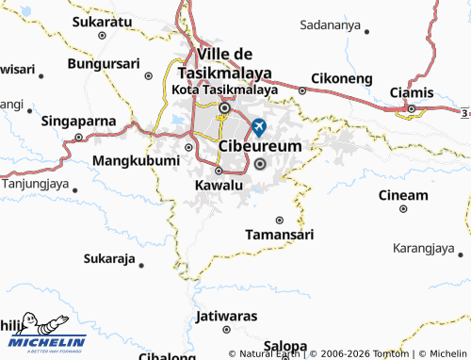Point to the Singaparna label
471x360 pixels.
click(x=78, y=122)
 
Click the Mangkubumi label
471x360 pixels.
click(x=136, y=161)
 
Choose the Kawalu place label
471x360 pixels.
click(x=218, y=186)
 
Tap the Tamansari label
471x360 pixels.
click(x=279, y=234)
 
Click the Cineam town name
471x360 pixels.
click(x=403, y=195)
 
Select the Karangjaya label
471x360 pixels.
click(x=424, y=249)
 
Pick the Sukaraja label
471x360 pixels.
click(x=109, y=258)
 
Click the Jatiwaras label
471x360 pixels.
click(x=227, y=315)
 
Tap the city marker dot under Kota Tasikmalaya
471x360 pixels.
click(x=224, y=107)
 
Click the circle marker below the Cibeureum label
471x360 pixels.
click(x=261, y=165)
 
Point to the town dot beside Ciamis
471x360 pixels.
click(x=411, y=109)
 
